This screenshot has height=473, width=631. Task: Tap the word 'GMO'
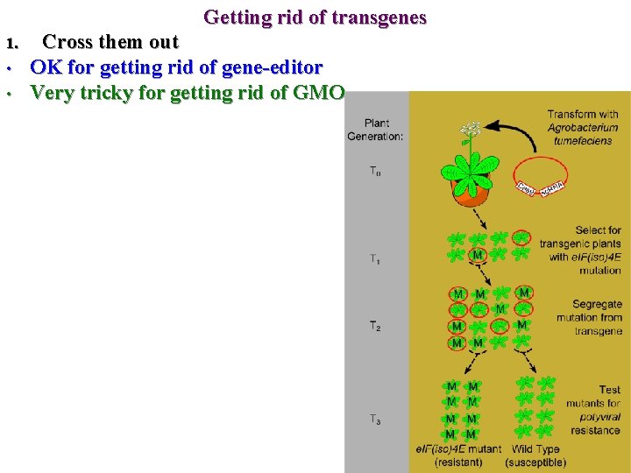tap(320, 92)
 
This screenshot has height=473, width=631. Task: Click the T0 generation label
tap(375, 172)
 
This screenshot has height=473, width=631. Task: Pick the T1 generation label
tap(375, 258)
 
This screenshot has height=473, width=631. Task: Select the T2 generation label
tap(375, 326)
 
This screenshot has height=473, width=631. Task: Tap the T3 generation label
tap(375, 420)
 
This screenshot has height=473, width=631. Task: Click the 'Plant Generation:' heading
tap(376, 130)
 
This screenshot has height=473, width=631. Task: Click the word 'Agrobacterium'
tap(583, 127)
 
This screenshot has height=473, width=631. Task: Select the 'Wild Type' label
tap(535, 449)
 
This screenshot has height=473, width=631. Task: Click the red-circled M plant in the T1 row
tap(478, 255)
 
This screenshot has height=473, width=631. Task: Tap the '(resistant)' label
tap(458, 462)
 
